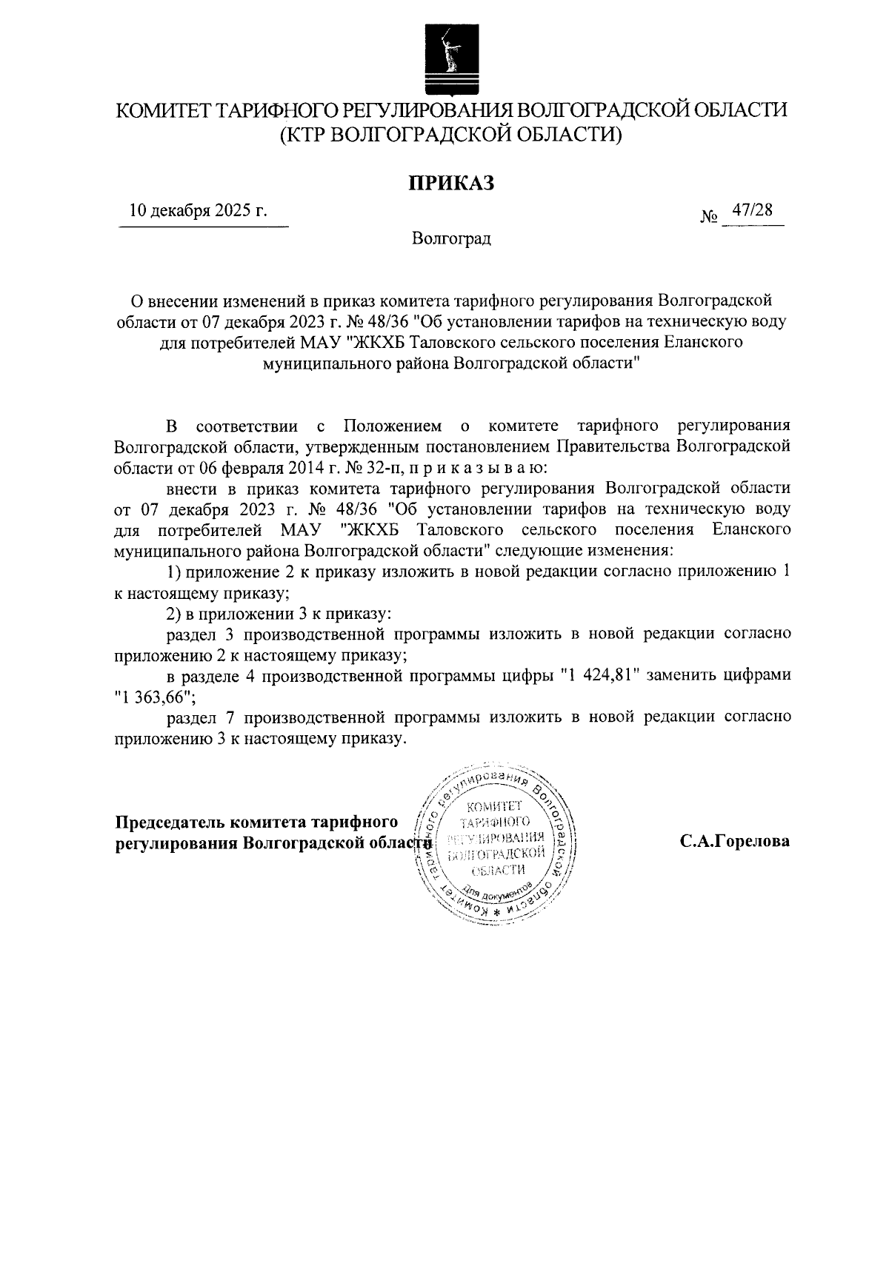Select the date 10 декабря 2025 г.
pos(198,211)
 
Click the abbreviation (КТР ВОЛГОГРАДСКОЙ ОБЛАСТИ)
pos(452,135)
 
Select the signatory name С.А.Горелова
pos(735,842)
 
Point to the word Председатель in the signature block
pos(169,823)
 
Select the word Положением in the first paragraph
pos(393,426)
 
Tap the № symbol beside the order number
pos(709,217)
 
